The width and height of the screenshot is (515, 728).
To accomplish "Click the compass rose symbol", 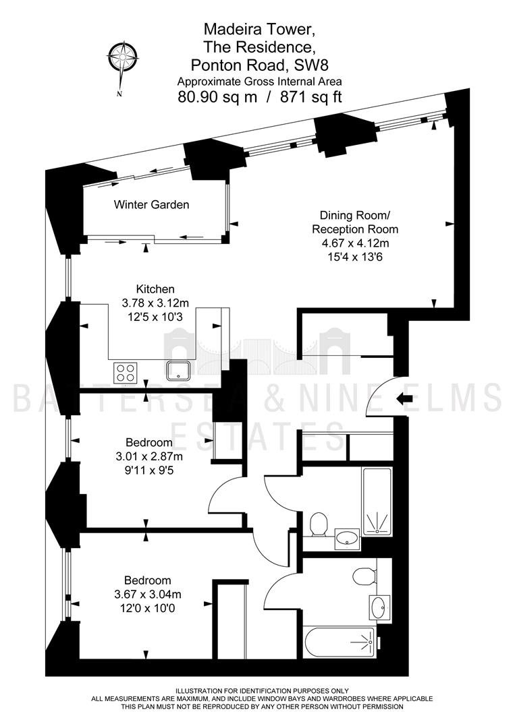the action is [122, 58].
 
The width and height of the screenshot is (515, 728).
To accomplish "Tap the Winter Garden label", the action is [151, 204].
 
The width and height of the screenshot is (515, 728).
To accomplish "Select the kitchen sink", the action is [179, 370].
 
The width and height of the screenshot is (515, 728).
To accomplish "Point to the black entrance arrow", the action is [406, 398].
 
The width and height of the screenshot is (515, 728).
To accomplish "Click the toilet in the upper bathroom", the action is [319, 524].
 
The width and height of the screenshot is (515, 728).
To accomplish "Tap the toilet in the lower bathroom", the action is [364, 576].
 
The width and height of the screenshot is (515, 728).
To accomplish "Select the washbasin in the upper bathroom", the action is [347, 539].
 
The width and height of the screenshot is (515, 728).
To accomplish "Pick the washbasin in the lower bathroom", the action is [380, 607].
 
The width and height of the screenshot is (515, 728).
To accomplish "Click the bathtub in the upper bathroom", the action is [377, 502].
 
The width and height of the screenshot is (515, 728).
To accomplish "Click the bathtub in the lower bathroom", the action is [340, 642].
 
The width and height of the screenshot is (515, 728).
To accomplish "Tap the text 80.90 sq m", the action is [217, 97].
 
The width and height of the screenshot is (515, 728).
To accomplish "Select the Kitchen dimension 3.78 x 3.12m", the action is [155, 303].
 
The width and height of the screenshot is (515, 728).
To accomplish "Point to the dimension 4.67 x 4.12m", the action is [355, 243].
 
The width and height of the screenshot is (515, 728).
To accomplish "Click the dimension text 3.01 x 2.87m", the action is [149, 456].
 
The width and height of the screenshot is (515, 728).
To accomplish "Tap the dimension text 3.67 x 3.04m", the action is [148, 594].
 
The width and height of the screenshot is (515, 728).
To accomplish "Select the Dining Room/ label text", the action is [355, 216].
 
